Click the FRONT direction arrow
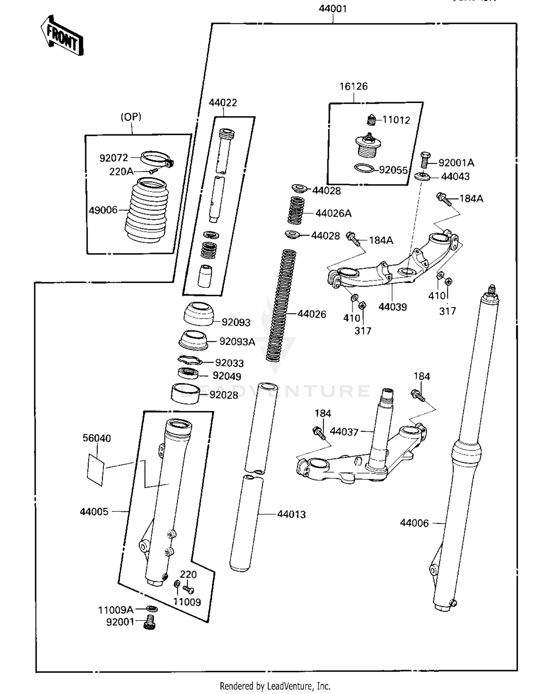click(62, 35)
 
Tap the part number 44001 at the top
click(332, 9)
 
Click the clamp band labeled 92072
click(156, 159)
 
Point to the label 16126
click(353, 86)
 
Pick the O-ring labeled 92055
click(364, 169)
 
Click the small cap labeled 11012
click(371, 119)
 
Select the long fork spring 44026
click(281, 305)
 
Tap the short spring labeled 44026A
click(296, 211)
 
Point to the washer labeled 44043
click(422, 177)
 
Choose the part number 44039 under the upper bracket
click(392, 307)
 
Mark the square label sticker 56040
click(96, 469)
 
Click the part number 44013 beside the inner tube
click(291, 514)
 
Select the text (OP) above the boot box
click(131, 117)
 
